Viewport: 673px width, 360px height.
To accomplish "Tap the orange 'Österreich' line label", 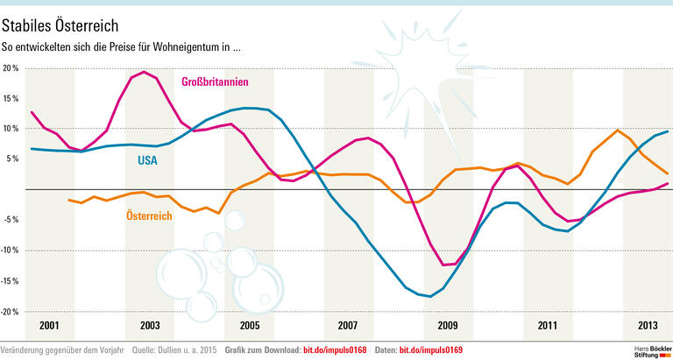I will tap(148, 215).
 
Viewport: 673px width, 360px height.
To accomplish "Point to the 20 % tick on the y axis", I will tap(11, 67).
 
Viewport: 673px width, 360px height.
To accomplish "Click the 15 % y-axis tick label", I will tap(11, 98).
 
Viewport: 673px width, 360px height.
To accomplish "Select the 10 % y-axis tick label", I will tap(11, 129).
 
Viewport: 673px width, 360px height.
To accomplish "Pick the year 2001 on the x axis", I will tap(49, 326).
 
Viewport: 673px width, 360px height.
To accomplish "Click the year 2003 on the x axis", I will tap(149, 326).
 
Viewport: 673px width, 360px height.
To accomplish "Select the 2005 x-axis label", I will tap(249, 326).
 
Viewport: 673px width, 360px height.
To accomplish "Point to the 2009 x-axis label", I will tap(448, 326).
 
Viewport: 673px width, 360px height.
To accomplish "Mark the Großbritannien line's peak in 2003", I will tap(144, 72).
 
